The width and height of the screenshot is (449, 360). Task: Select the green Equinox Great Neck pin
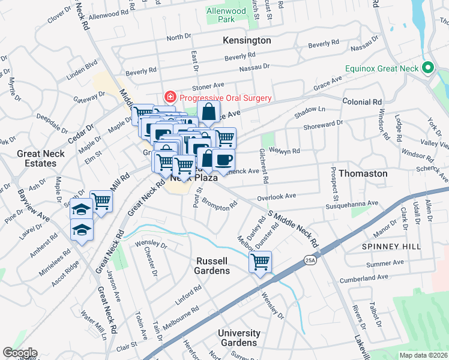click(x=428, y=68)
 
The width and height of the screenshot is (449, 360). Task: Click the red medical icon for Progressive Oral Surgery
click(x=170, y=98)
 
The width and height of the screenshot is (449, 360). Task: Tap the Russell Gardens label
click(x=212, y=266)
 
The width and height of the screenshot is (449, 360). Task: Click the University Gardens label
click(x=239, y=338)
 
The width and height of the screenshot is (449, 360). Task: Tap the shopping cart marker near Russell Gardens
click(x=261, y=262)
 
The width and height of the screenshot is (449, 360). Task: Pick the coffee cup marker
click(x=223, y=160)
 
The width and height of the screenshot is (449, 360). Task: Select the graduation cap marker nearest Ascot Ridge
click(x=82, y=230)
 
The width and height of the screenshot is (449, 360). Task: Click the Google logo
click(x=20, y=353)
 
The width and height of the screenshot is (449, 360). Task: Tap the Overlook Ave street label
click(x=277, y=196)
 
